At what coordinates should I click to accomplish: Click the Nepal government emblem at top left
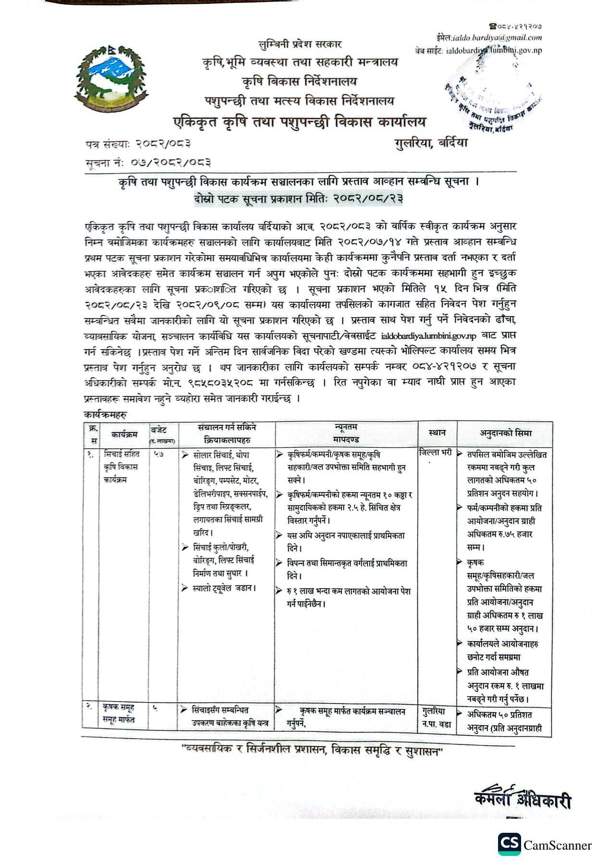(110, 79)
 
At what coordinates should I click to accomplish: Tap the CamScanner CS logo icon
(509, 844)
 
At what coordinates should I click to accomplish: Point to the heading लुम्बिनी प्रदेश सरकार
(300, 45)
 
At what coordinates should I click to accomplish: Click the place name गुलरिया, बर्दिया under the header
(431, 143)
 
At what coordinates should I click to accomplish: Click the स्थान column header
(437, 432)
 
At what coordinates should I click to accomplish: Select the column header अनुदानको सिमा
(506, 433)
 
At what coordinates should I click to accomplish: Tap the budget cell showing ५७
(159, 454)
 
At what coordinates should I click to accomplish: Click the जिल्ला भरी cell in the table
(436, 453)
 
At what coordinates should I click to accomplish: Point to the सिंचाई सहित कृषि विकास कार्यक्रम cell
(121, 467)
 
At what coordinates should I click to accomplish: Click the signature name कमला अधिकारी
(522, 799)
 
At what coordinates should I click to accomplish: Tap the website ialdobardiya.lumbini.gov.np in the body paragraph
(428, 336)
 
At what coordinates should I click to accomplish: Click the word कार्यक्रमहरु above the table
(105, 415)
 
